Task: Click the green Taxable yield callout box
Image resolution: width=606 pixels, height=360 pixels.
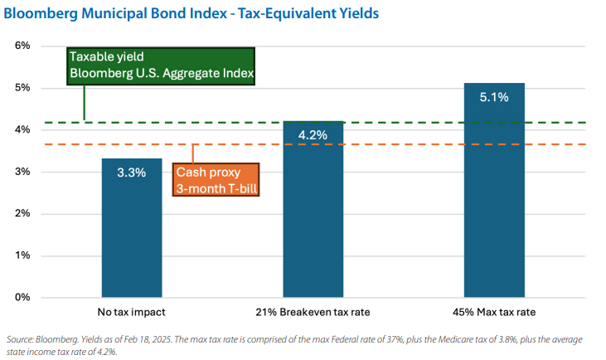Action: [x=161, y=66]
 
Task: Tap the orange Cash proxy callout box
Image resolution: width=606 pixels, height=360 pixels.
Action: [x=216, y=179]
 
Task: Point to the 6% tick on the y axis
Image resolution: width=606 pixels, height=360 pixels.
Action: [x=22, y=46]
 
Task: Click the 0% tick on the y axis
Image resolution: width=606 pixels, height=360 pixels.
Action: [x=22, y=297]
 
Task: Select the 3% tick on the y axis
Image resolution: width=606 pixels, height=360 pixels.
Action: [x=22, y=172]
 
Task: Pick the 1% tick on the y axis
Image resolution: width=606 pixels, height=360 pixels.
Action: [x=22, y=255]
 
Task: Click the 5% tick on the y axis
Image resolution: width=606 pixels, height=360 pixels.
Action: [x=22, y=88]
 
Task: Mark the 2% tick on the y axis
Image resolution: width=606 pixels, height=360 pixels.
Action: [x=22, y=213]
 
